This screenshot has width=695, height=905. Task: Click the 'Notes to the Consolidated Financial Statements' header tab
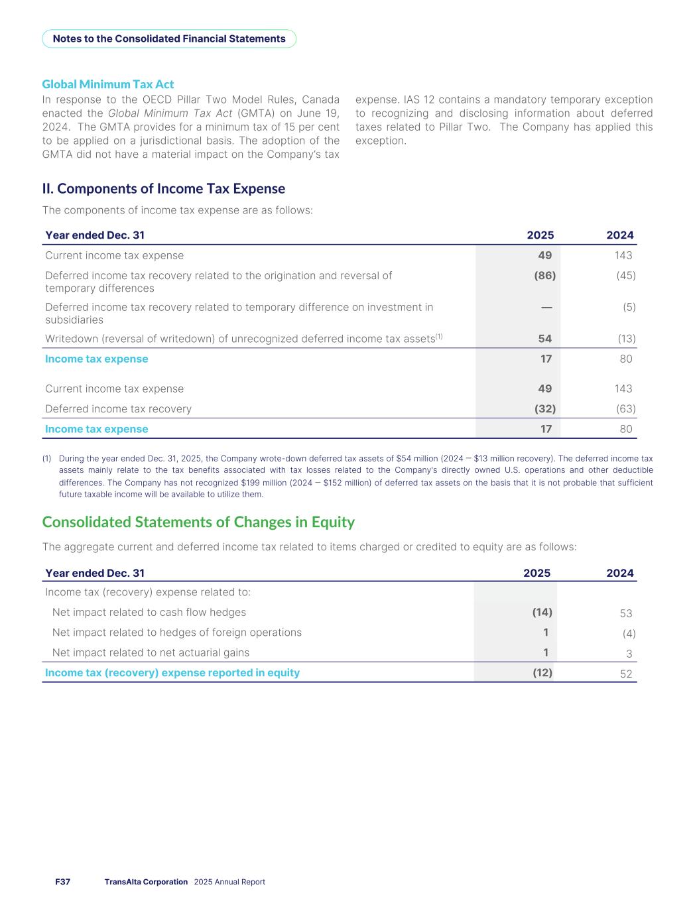(169, 38)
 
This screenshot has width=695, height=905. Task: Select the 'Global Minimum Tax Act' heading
(108, 84)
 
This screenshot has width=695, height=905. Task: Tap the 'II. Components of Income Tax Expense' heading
(164, 189)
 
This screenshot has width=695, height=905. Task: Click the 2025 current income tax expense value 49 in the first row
(544, 255)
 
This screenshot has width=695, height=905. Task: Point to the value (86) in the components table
(544, 275)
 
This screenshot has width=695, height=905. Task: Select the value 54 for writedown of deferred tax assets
(544, 339)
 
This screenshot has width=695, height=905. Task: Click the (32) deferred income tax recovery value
(544, 409)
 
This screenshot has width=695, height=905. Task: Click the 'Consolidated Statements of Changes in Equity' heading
(198, 522)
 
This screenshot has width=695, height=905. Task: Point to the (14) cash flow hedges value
(542, 612)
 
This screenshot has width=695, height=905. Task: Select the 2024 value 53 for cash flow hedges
(625, 614)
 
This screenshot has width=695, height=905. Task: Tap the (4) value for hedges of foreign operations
(629, 634)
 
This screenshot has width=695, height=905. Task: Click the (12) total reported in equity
(542, 672)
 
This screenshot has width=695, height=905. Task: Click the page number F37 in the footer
(62, 882)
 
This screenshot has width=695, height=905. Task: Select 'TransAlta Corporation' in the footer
(146, 882)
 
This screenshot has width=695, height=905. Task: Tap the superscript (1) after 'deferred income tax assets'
(438, 336)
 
